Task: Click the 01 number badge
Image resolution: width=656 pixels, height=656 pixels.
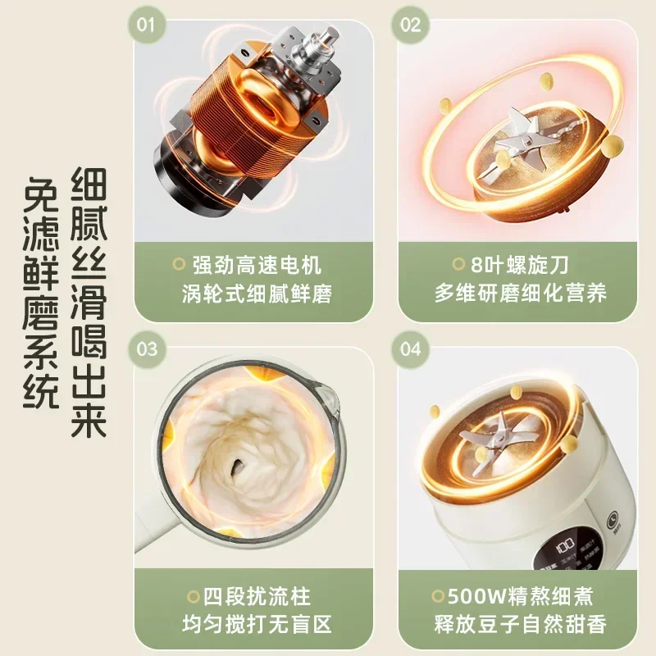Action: pos(146,25)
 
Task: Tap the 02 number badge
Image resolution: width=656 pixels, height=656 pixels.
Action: pos(410,25)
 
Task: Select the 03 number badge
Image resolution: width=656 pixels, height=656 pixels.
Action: pos(146,348)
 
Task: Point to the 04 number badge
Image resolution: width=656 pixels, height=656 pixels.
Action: pos(410,348)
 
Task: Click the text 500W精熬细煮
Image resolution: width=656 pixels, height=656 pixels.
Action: pos(521,596)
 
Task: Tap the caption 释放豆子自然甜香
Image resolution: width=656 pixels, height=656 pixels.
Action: pos(521,625)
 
